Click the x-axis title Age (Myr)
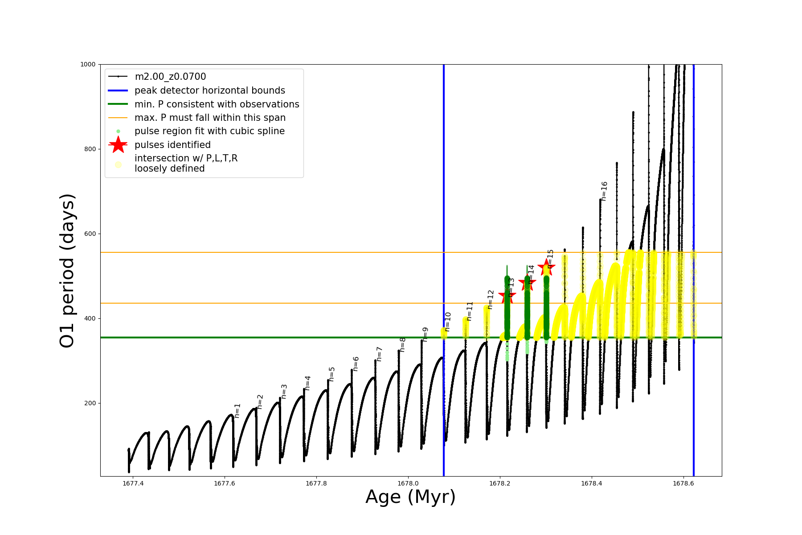410,497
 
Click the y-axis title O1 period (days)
67,271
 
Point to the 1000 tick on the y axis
88,64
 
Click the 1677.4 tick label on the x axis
133,483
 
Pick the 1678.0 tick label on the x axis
408,483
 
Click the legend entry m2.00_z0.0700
170,77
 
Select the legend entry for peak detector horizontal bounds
210,91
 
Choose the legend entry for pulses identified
172,145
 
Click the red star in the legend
118,144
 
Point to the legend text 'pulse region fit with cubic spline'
209,131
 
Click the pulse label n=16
604,191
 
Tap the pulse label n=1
237,411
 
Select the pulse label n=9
425,335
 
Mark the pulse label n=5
331,374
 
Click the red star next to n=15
546,268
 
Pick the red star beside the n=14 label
527,283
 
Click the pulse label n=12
491,300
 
